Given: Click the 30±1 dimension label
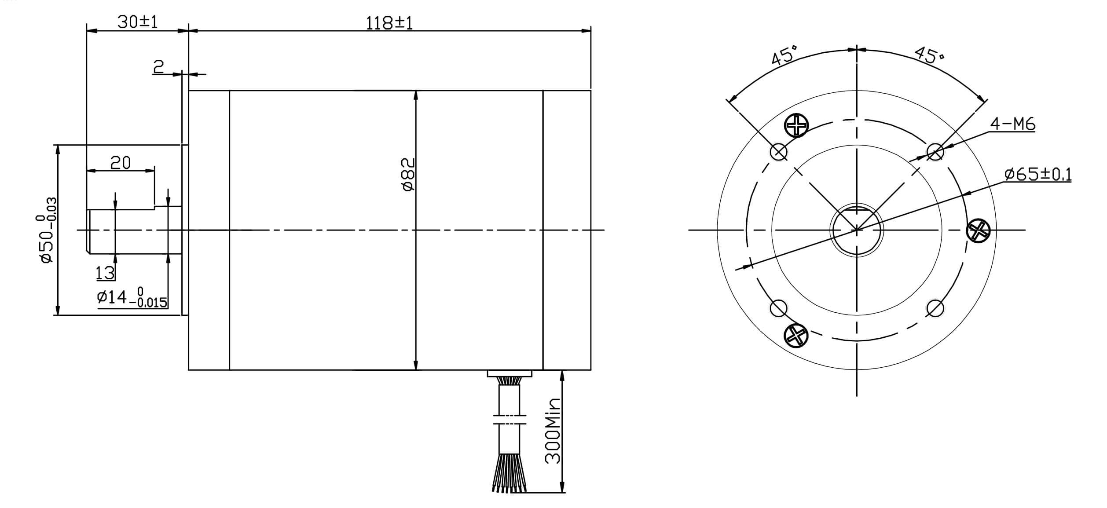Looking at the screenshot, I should [137, 22].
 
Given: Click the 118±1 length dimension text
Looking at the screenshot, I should [389, 23].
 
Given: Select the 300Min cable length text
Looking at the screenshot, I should [553, 431].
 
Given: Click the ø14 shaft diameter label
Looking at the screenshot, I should [132, 298].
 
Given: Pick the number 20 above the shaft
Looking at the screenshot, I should [121, 163].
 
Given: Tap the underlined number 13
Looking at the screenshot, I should [105, 274].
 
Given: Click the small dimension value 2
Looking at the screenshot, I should [158, 67].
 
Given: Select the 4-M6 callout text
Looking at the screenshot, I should [1012, 124].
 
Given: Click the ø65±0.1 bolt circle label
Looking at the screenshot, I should [1038, 174].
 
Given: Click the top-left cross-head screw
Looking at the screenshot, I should [796, 125].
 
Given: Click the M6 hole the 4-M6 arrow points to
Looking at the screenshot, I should [935, 152].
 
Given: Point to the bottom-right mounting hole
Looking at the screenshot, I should [935, 308].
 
